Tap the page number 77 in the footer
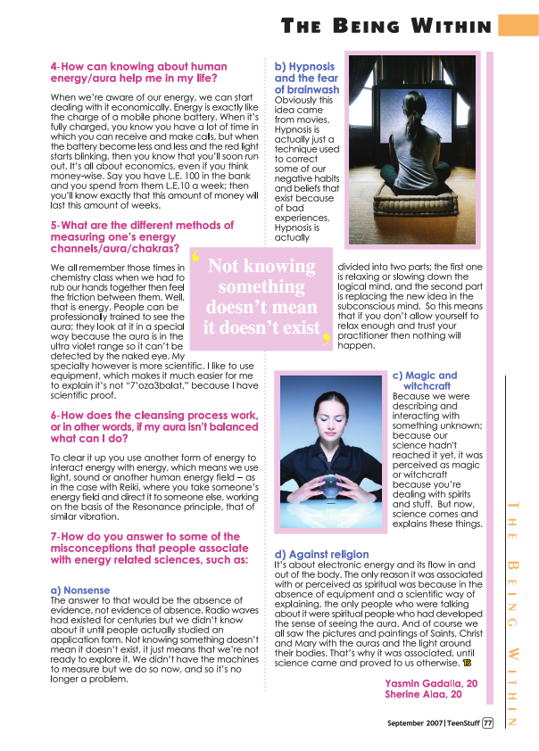pyautogui.click(x=488, y=723)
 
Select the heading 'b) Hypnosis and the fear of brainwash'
pyautogui.click(x=306, y=78)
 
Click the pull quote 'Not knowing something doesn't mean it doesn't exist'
pyautogui.click(x=261, y=296)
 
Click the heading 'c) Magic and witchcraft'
pyautogui.click(x=425, y=381)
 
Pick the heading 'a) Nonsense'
pyautogui.click(x=80, y=590)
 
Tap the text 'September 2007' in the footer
pyautogui.click(x=415, y=723)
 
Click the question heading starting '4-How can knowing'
pyautogui.click(x=138, y=72)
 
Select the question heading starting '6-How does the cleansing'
pyautogui.click(x=154, y=426)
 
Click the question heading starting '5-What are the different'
pyautogui.click(x=142, y=237)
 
